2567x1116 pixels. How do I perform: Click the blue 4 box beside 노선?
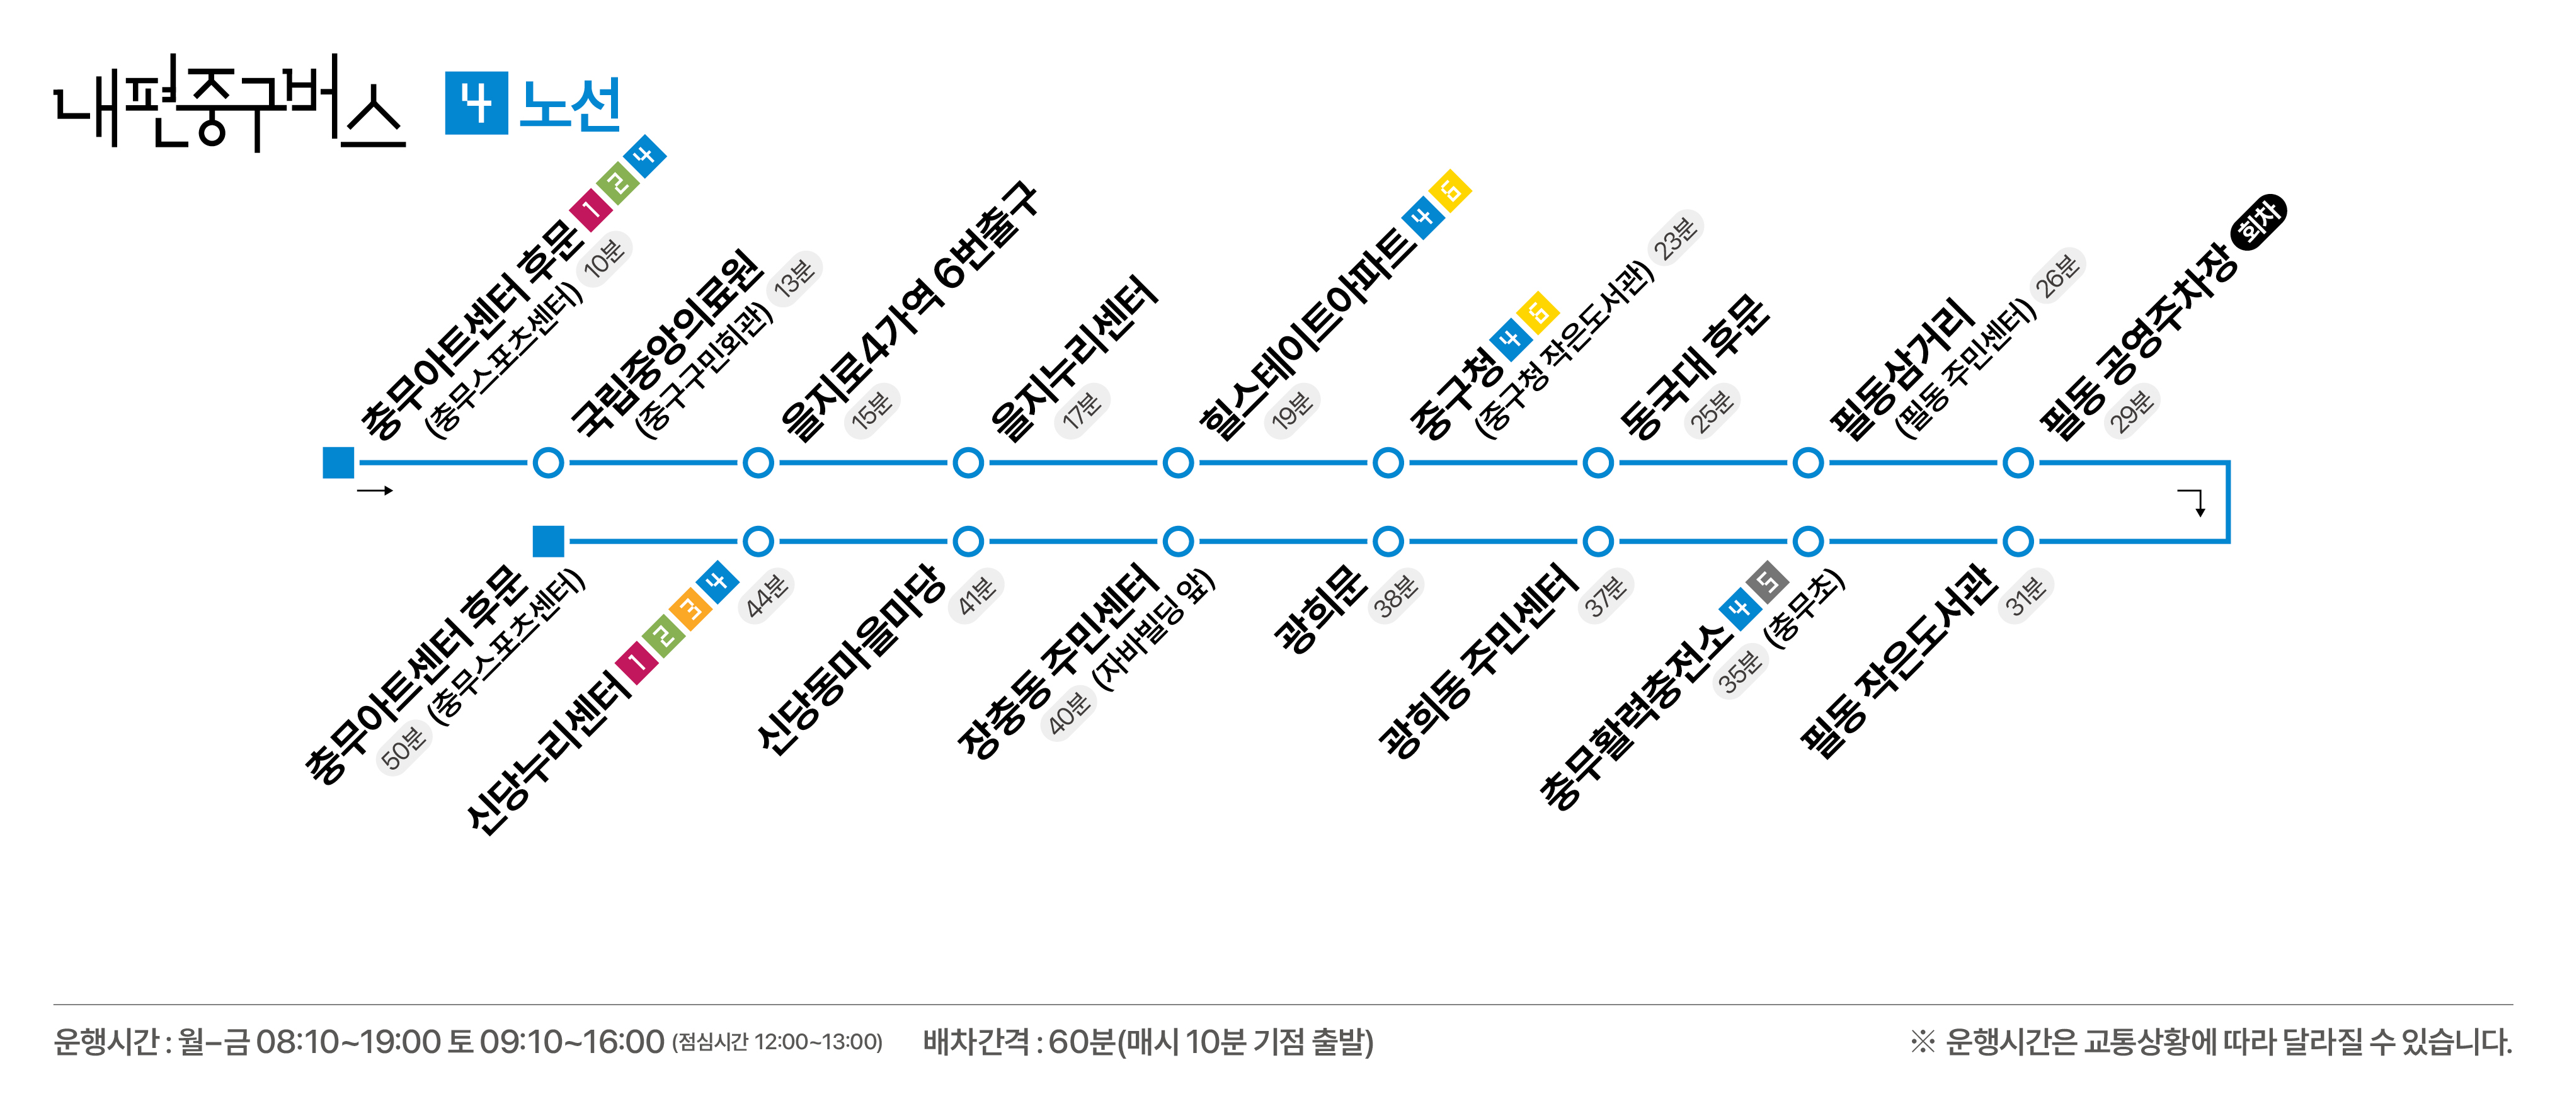click(x=476, y=103)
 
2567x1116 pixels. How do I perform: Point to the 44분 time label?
click(x=766, y=596)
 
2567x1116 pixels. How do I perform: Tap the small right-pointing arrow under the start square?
click(x=375, y=490)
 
